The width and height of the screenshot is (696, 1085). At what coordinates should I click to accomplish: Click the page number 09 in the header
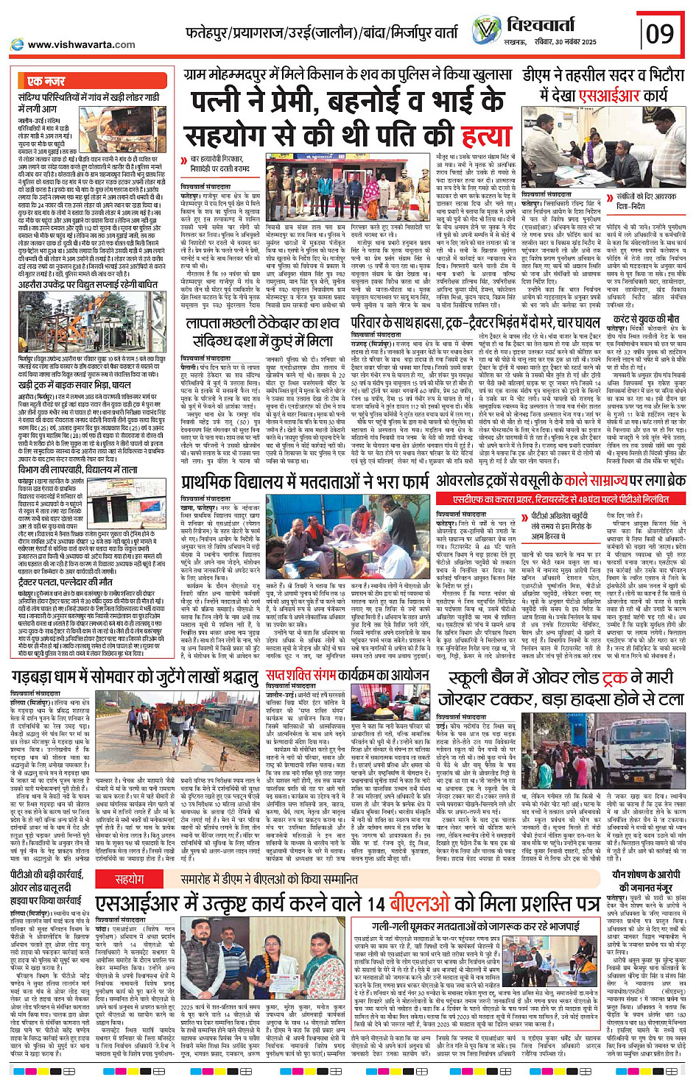pyautogui.click(x=660, y=33)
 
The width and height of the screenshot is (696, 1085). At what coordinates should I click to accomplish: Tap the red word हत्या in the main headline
pyautogui.click(x=486, y=135)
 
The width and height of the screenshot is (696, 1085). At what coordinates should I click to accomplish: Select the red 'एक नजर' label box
pyautogui.click(x=46, y=81)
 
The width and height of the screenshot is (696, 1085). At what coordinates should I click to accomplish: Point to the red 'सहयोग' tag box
pyautogui.click(x=130, y=879)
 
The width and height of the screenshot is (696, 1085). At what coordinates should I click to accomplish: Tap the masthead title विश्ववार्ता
pyautogui.click(x=552, y=25)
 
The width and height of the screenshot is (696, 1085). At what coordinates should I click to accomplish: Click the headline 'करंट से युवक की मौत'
pyautogui.click(x=646, y=318)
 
